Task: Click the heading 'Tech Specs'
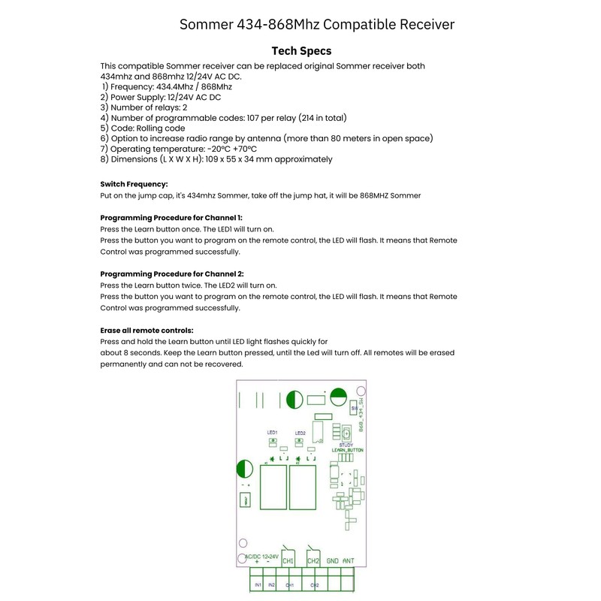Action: click(x=300, y=51)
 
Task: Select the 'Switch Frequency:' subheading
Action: click(x=134, y=184)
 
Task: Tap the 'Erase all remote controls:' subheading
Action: click(x=146, y=331)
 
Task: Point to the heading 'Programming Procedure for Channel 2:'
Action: click(x=171, y=274)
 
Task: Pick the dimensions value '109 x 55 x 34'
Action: click(x=224, y=159)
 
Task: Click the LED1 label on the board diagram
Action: click(x=272, y=432)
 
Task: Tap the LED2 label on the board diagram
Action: click(x=300, y=432)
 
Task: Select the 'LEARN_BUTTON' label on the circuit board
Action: click(x=348, y=449)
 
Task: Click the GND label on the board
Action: click(x=332, y=560)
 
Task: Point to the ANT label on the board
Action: click(x=349, y=560)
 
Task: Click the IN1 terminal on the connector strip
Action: click(x=258, y=584)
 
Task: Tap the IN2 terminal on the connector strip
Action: click(x=272, y=584)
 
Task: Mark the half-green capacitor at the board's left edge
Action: click(x=245, y=470)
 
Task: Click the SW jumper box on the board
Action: click(x=354, y=408)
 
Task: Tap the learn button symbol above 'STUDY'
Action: click(x=346, y=434)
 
